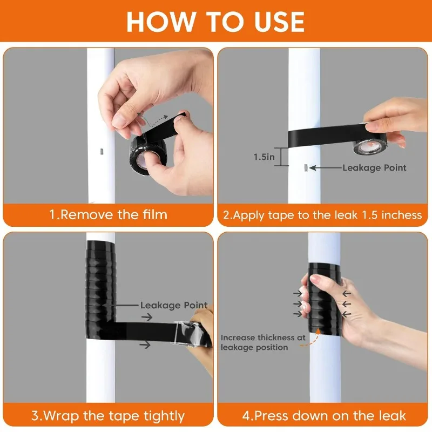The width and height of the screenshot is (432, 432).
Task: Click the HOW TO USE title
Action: (x=215, y=21)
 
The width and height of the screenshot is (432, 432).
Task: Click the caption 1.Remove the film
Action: (x=108, y=214)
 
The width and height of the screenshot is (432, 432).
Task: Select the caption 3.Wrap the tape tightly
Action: (x=108, y=416)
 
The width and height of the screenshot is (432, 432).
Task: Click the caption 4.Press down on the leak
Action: (x=323, y=416)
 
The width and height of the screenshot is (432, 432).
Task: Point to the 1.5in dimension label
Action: (x=264, y=157)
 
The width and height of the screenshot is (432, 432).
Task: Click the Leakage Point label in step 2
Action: (x=374, y=168)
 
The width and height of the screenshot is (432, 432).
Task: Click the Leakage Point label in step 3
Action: (x=174, y=305)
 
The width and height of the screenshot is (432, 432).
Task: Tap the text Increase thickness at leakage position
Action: (x=262, y=342)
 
